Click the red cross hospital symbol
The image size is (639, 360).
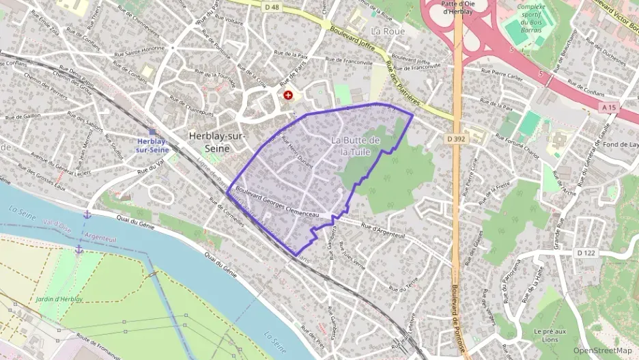pos(288,96)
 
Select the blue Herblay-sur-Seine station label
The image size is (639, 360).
pos(153,145)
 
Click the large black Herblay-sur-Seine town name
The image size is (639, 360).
pos(217,141)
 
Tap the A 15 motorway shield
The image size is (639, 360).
pos(610,107)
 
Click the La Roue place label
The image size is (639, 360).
pos(387,31)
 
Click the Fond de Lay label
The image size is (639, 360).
pos(620,144)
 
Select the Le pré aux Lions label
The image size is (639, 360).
pos(550,335)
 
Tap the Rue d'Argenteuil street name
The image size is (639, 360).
pos(383,231)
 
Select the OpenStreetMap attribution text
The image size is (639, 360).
pos(603,350)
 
